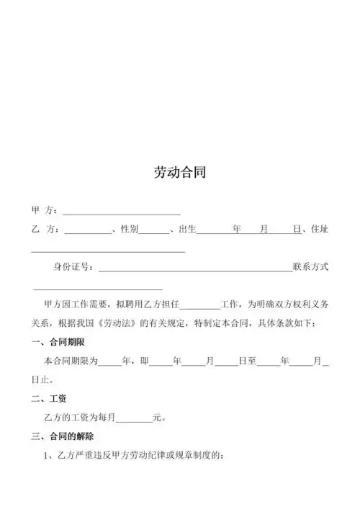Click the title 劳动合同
pyautogui.click(x=179, y=173)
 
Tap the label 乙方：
pyautogui.click(x=45, y=230)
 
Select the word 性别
pyautogui.click(x=129, y=230)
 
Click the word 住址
pyautogui.click(x=319, y=230)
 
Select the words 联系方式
pyautogui.click(x=310, y=267)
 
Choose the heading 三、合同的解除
pyautogui.click(x=63, y=436)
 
